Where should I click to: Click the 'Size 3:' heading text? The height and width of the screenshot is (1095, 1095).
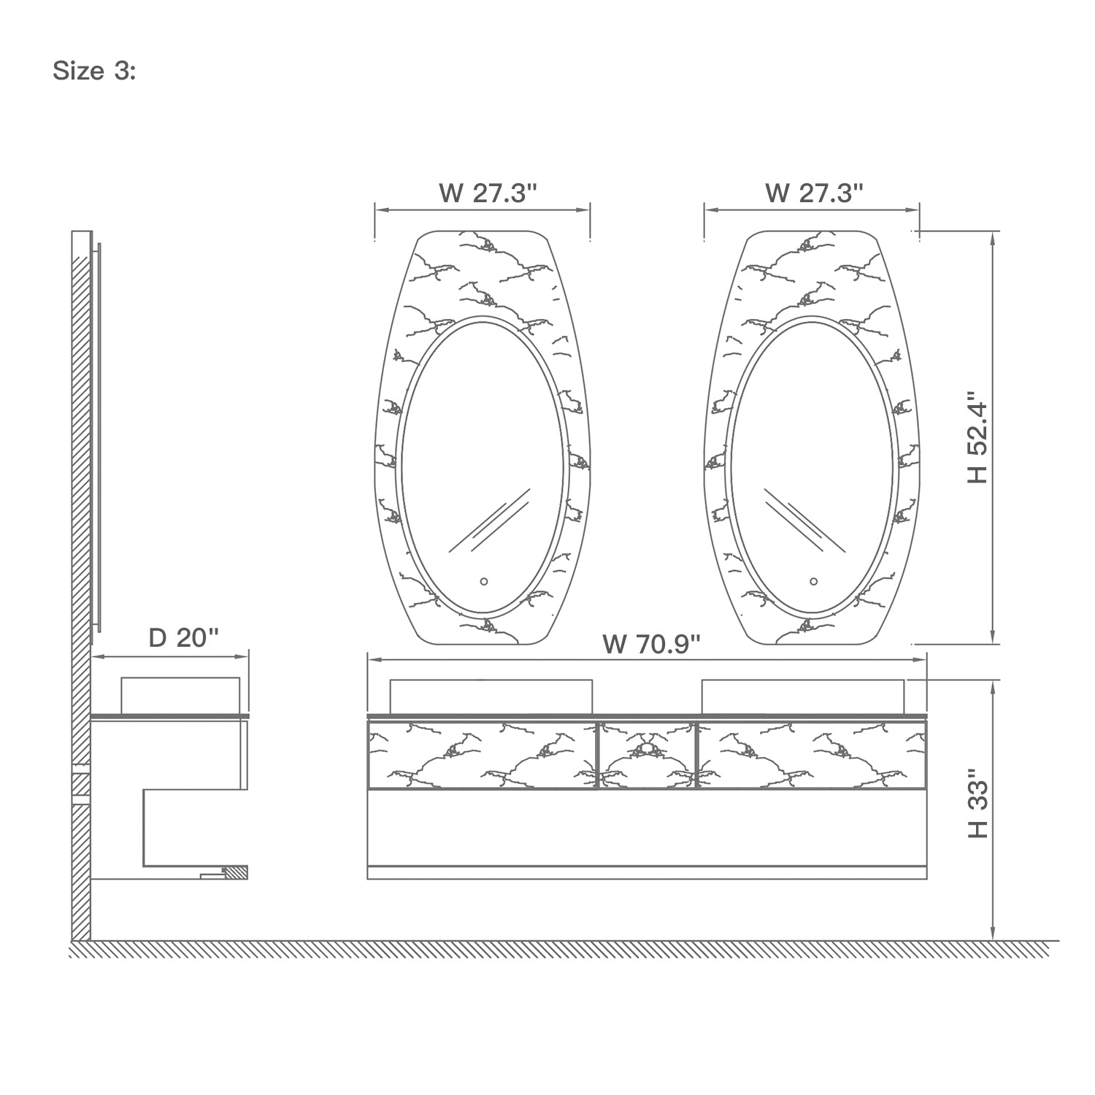(x=94, y=72)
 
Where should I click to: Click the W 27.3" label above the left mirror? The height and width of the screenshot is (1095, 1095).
(x=488, y=193)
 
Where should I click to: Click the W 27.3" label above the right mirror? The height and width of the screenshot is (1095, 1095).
(x=814, y=193)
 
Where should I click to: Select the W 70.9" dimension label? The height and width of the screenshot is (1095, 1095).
(x=652, y=645)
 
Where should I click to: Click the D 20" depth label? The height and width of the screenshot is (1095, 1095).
(x=183, y=637)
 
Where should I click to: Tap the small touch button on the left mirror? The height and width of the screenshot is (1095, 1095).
(x=483, y=582)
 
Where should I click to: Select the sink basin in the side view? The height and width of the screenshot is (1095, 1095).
(x=180, y=694)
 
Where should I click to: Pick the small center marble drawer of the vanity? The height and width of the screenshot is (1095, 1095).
(x=647, y=755)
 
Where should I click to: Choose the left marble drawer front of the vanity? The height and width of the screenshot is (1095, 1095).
(x=482, y=755)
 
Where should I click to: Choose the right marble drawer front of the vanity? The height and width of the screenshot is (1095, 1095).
(x=810, y=755)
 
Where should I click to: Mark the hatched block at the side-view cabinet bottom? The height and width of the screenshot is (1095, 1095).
(x=236, y=872)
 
